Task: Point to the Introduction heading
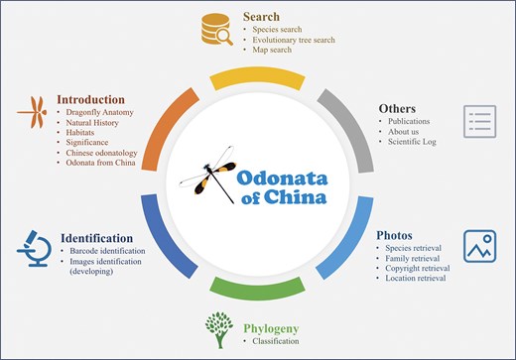click(91, 99)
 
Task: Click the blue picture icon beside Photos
click(479, 247)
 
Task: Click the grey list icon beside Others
click(479, 121)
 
